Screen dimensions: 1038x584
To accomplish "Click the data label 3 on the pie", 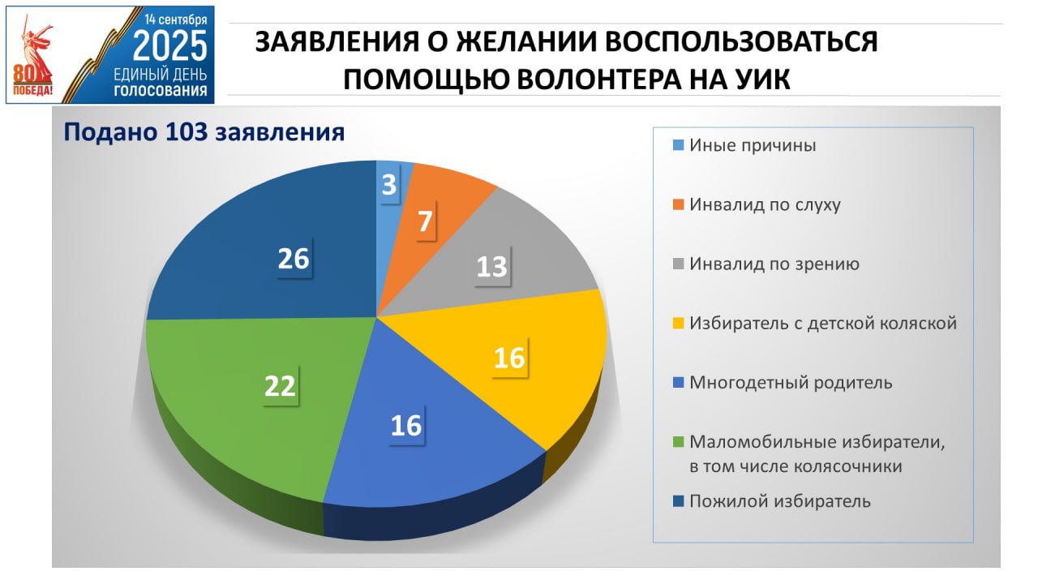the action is (x=389, y=184).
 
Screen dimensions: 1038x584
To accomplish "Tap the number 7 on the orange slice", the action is (x=425, y=221).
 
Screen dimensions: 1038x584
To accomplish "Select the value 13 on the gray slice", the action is (x=491, y=267).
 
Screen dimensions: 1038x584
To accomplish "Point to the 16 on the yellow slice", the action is (x=509, y=358).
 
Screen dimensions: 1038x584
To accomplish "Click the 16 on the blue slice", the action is (x=406, y=425).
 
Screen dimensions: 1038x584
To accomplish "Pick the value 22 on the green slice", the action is (x=280, y=385).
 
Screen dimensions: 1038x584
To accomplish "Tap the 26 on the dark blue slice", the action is (x=294, y=258).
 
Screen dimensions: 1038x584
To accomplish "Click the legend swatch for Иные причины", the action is (x=678, y=145).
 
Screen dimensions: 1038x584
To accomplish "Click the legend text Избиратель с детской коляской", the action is (x=823, y=323).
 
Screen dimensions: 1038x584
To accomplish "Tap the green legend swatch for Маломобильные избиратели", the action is (x=678, y=442).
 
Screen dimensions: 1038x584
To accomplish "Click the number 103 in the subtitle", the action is (x=186, y=131).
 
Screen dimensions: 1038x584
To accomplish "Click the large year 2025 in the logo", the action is (x=169, y=45).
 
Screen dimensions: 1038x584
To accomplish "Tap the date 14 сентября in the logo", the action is (x=176, y=19).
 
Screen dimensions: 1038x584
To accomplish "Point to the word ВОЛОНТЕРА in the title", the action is (x=599, y=79).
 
